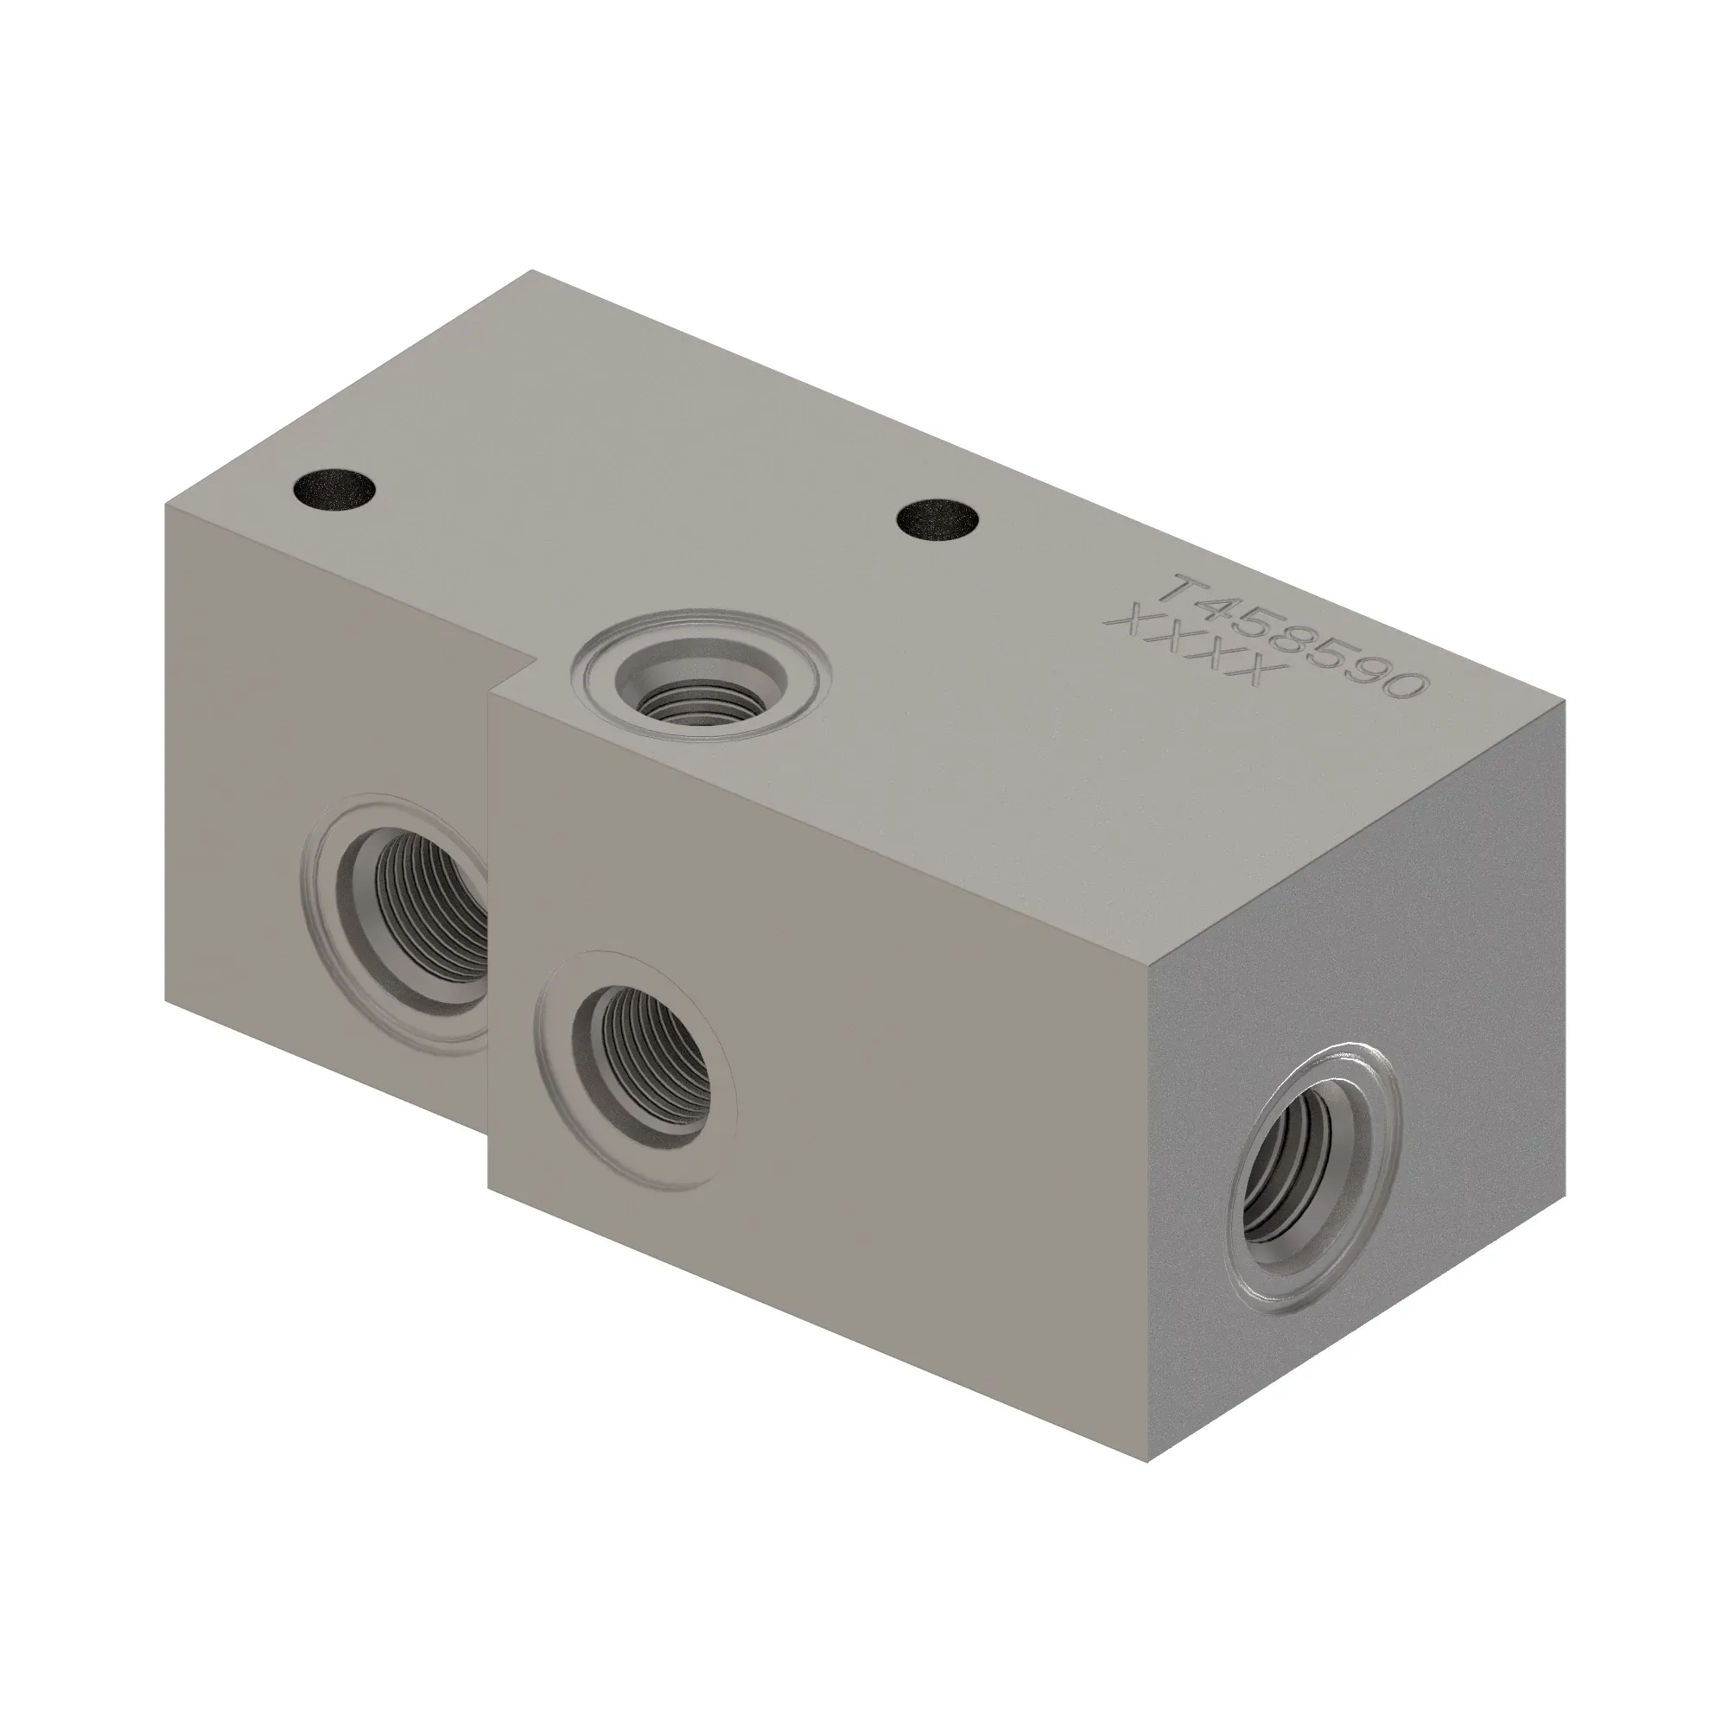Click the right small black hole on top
tap(939, 518)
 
